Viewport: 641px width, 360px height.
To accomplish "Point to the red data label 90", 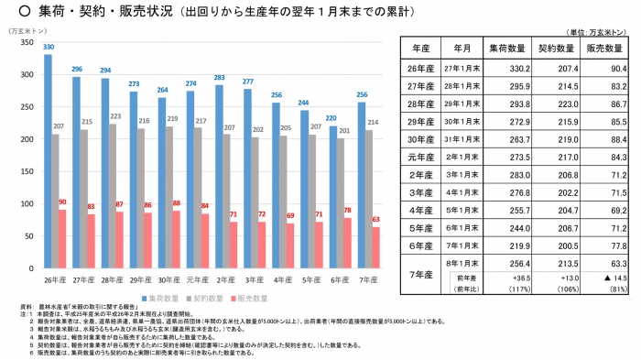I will click(62, 202).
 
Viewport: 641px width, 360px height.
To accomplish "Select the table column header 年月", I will click(455, 46).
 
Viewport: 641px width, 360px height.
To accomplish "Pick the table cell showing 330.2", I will click(505, 68).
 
